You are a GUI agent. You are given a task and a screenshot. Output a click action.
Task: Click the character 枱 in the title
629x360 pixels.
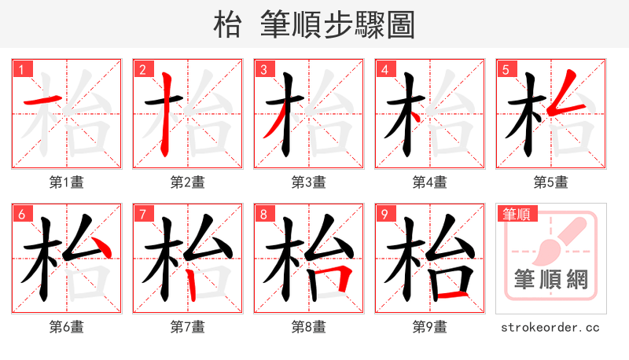tap(227, 25)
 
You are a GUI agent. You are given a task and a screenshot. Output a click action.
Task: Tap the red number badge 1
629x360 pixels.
tap(20, 68)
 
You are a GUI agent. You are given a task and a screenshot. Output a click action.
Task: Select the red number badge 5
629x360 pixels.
tap(504, 68)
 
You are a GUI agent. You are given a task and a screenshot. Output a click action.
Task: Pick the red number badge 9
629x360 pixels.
tap(383, 213)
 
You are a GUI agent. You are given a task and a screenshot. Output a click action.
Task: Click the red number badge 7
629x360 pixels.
tap(141, 213)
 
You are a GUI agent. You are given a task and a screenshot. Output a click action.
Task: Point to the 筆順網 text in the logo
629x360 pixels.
tap(550, 280)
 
